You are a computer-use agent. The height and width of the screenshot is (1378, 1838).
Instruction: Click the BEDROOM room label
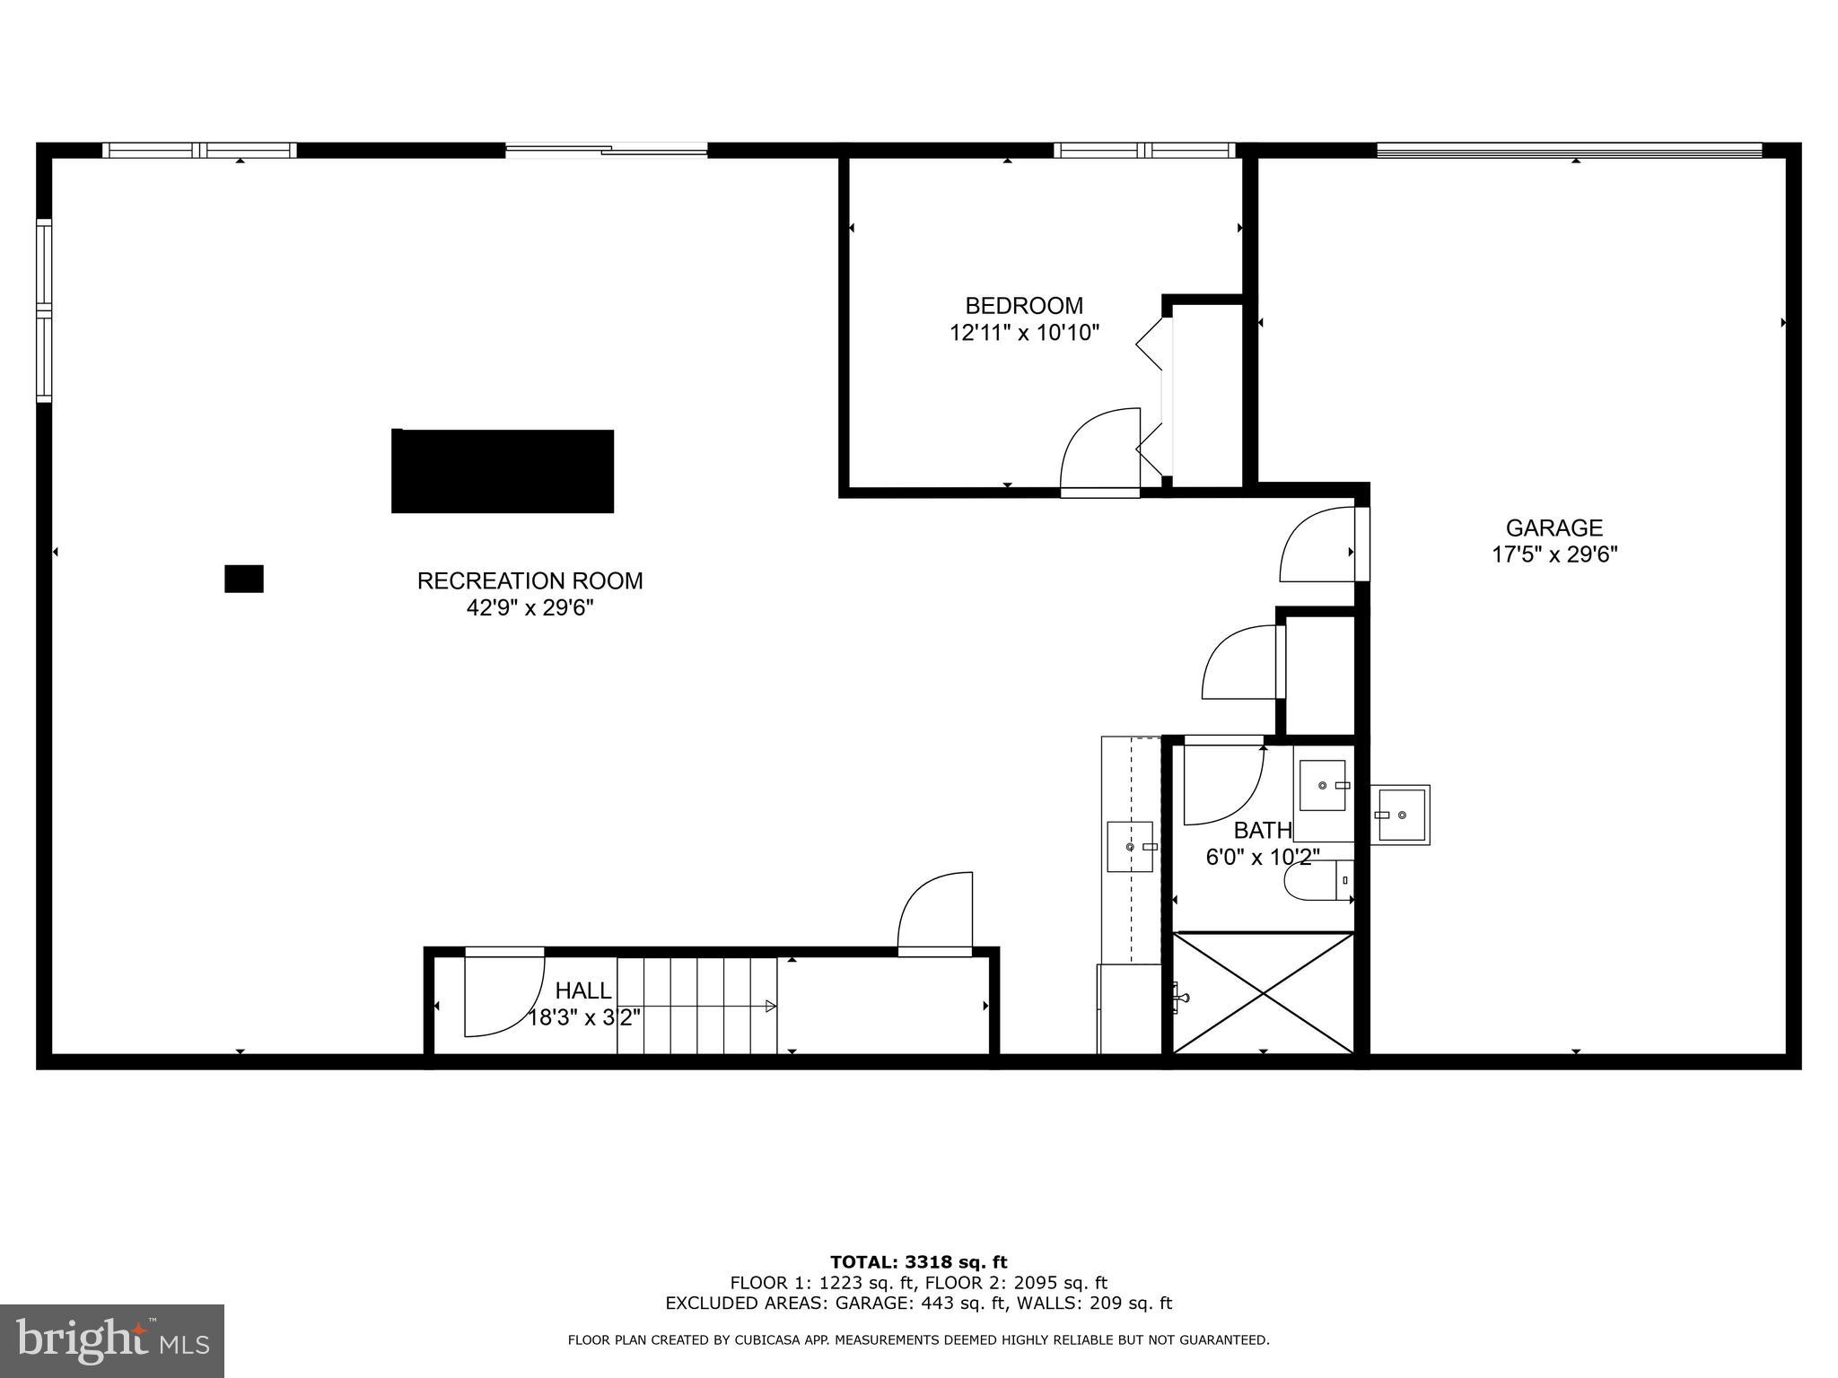coord(1024,306)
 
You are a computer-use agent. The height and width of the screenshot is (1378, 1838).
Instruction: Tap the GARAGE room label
coord(1554,528)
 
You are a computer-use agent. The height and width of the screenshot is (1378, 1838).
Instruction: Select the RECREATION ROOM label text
coord(530,580)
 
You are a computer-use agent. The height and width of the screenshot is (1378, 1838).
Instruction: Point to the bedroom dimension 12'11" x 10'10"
coord(1024,334)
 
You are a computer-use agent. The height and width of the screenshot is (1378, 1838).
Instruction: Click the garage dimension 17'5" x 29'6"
coord(1554,554)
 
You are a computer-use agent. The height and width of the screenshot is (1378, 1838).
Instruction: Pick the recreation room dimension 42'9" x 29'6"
coord(530,608)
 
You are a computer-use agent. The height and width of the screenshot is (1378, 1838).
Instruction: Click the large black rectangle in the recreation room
coord(503,471)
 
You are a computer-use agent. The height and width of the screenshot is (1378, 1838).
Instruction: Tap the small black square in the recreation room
coord(243,579)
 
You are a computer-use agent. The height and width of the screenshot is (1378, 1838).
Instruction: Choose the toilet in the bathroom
coord(1317,880)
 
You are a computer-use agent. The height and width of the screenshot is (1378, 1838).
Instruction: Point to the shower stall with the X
coord(1263,993)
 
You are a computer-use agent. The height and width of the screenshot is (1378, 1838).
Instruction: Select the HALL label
coord(583,990)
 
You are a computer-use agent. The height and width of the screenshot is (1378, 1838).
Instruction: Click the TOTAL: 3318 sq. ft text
coord(918,1263)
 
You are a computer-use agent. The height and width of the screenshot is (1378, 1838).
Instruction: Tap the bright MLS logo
coord(112,1341)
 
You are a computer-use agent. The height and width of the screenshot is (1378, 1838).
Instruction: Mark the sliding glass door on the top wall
coord(607,151)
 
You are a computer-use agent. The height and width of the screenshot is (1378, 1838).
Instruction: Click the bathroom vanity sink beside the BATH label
coord(1324,786)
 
